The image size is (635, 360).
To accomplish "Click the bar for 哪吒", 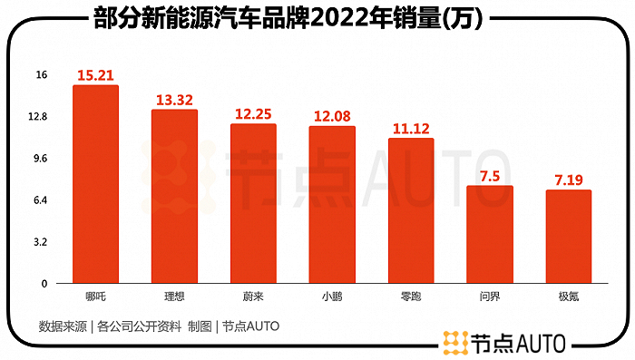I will click(x=95, y=184).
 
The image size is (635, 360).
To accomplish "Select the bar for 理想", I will click(x=174, y=197).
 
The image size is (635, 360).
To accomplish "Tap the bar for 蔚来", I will click(x=253, y=204).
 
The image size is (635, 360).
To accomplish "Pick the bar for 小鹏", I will click(x=332, y=205).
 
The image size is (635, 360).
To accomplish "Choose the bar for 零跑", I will click(x=411, y=211).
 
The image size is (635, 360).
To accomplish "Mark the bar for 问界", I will click(x=489, y=235).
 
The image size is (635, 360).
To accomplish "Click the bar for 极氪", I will click(x=568, y=237).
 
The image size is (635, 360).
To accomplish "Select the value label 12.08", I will click(x=332, y=115).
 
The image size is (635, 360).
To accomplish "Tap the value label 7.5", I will click(x=489, y=175).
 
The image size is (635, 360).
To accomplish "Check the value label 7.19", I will click(x=568, y=179).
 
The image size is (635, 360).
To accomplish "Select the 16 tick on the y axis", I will click(x=41, y=75).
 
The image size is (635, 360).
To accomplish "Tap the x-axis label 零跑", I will click(x=411, y=296).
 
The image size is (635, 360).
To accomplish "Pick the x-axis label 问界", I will click(x=489, y=296).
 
